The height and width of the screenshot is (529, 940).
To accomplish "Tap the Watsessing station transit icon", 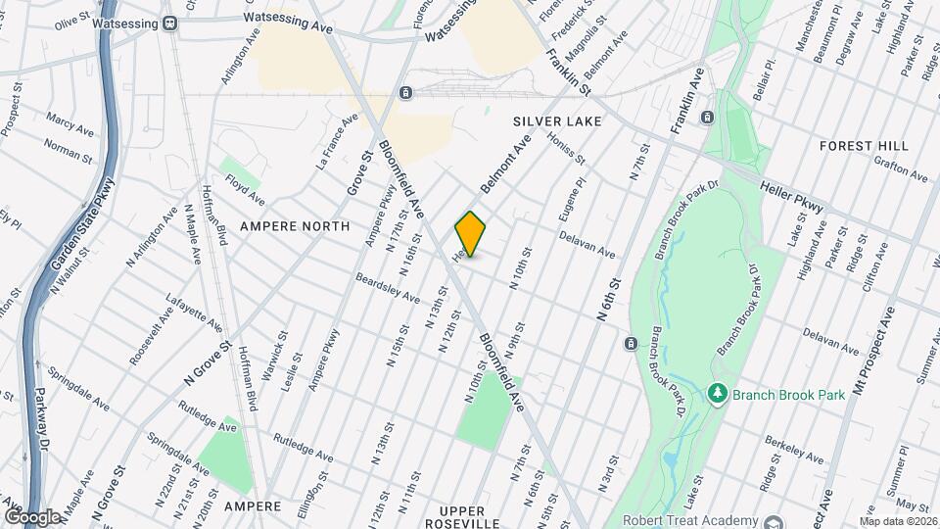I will click(169, 23).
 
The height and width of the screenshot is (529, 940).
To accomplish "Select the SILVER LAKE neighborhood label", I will click(556, 120).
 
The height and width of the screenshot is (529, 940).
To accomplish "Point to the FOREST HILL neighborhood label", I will click(864, 146).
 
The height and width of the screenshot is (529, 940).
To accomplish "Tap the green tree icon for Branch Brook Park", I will click(718, 394).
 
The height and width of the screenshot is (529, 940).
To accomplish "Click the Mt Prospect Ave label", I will click(873, 348).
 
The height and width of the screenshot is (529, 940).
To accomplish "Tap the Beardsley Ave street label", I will click(388, 287).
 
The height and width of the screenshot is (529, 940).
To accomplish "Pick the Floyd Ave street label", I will click(245, 190).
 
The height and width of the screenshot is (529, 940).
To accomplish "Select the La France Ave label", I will click(337, 142).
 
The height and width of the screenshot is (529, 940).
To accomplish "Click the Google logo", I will click(32, 516).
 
